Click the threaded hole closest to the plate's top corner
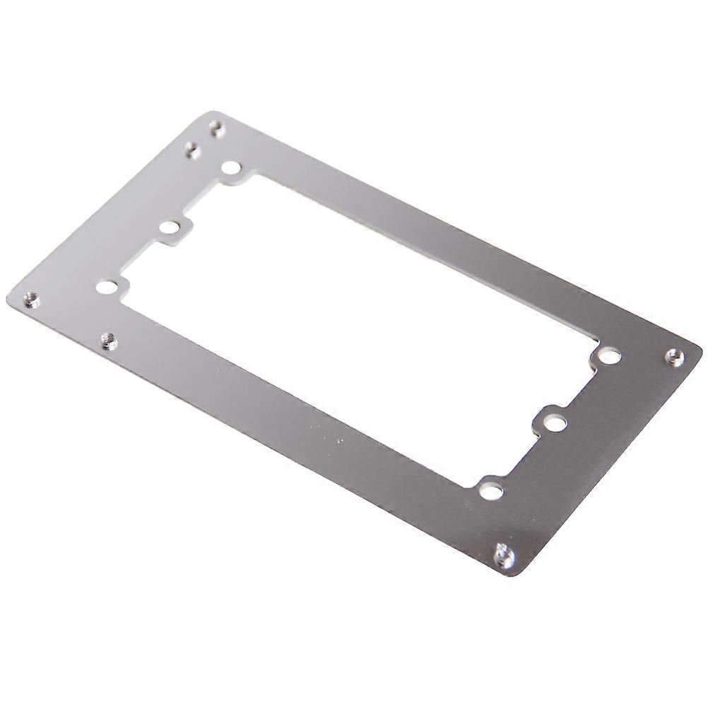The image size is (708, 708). point(217,128)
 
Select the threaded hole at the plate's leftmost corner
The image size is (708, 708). point(30,300)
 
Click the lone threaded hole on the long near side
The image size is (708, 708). point(108,341)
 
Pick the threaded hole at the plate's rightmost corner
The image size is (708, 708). point(675,357)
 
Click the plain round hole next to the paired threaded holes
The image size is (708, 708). point(231,168)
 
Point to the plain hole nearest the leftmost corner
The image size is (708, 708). point(106,287)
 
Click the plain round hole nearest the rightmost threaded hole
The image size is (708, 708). point(609,355)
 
